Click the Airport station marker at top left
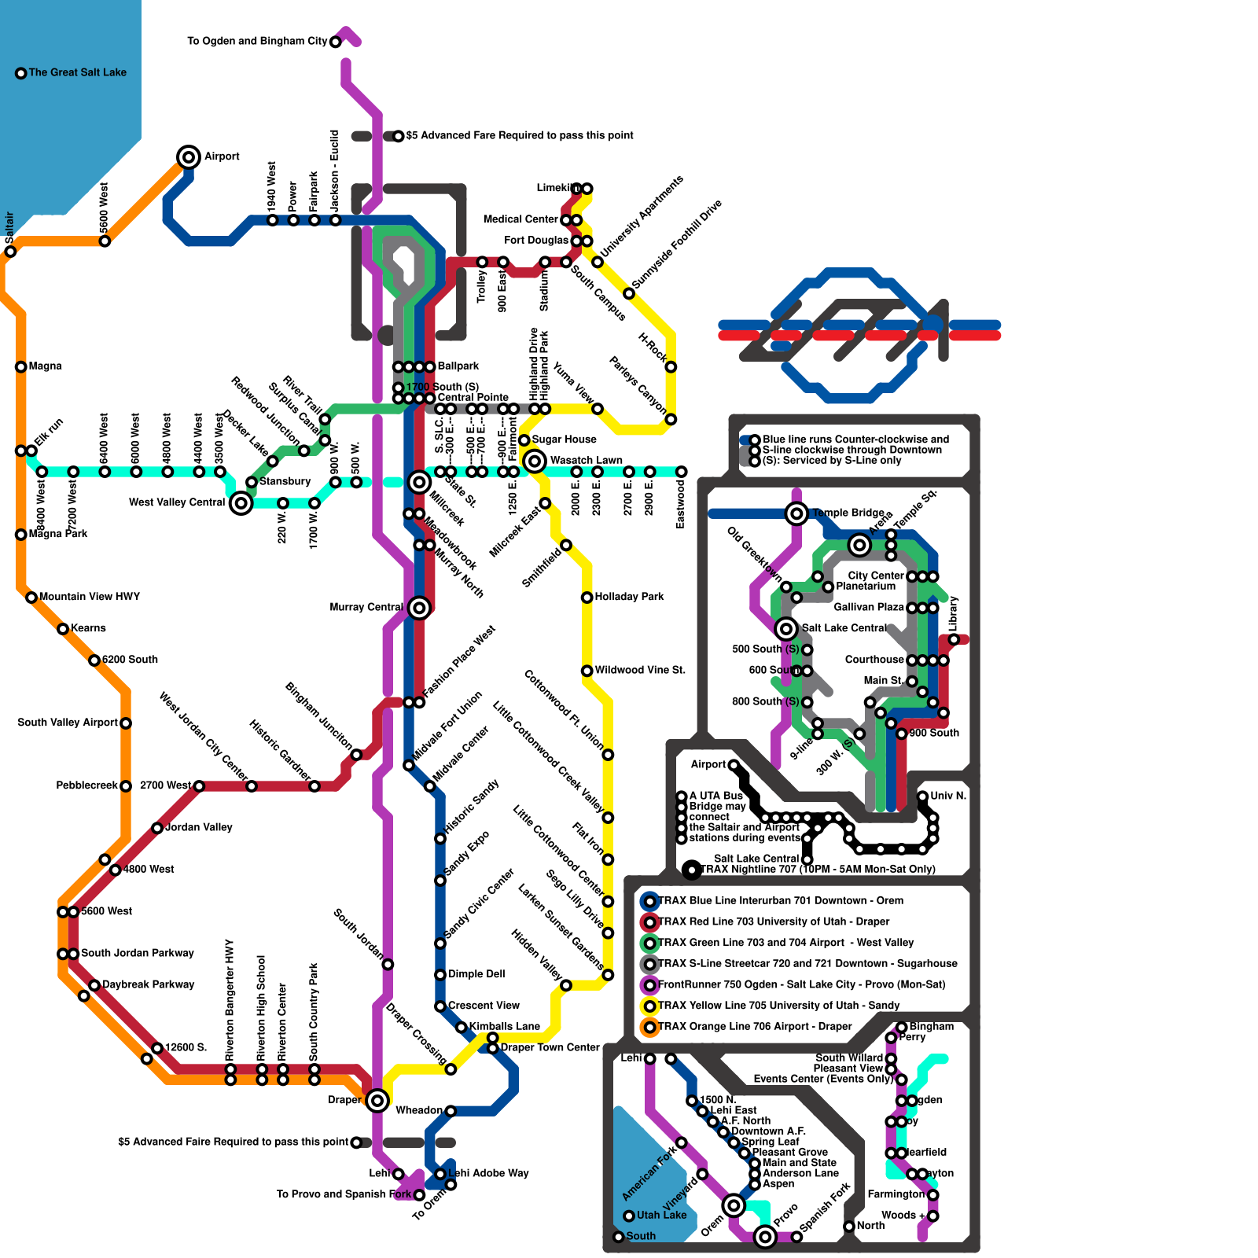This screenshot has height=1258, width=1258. point(189,156)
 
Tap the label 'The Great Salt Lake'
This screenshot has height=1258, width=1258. point(77,72)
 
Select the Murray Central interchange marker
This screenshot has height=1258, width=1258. point(419,608)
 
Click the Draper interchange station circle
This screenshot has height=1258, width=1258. point(377,1100)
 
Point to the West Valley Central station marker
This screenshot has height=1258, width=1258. point(241,502)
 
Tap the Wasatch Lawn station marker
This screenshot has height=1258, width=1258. point(535,461)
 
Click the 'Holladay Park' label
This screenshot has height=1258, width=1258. point(629,597)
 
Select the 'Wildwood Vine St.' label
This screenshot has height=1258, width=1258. point(640,670)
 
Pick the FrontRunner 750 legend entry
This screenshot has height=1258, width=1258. point(801,984)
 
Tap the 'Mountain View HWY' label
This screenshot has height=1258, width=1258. point(89,597)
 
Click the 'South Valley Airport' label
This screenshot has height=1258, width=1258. point(68,723)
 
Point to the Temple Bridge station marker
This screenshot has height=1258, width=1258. point(796,513)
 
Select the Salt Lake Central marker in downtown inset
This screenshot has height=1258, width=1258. point(786,628)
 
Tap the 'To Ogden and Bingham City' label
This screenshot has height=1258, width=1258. point(256,41)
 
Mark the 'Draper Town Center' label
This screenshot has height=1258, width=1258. point(550,1047)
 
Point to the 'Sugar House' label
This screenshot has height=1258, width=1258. point(564,440)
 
